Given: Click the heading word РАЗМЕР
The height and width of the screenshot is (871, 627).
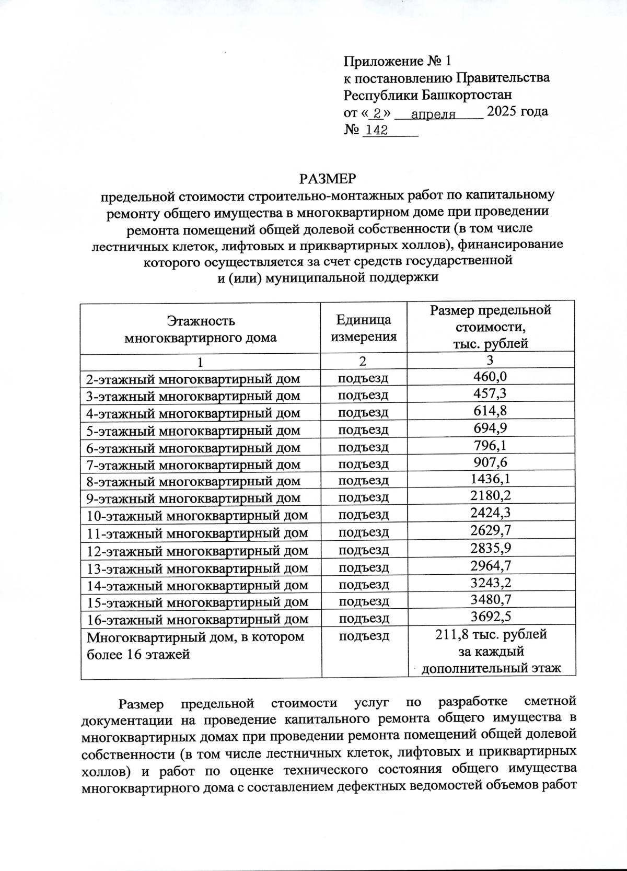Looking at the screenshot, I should (x=328, y=179).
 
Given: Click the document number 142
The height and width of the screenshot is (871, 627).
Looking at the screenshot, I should (x=376, y=131).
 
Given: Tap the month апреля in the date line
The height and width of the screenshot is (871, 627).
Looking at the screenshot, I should (x=433, y=114).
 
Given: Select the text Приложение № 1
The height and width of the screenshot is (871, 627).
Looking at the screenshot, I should (x=397, y=62).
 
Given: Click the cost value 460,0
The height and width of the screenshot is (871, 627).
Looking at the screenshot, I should (x=490, y=377).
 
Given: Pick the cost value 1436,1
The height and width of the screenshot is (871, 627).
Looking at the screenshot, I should (x=490, y=479).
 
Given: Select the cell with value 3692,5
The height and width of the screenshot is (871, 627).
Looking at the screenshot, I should (x=490, y=617).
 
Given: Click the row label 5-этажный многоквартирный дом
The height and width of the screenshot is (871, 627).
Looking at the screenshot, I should (x=193, y=431).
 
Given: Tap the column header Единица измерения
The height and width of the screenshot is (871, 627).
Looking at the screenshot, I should (x=364, y=328).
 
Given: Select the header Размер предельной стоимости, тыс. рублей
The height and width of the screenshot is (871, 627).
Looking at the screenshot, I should (x=490, y=327).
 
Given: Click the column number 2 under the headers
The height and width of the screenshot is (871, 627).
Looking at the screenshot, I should (x=363, y=361).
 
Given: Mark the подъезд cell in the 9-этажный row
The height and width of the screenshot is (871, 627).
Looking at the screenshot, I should (x=364, y=497).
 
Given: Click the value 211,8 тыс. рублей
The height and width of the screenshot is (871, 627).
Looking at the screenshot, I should (x=491, y=635).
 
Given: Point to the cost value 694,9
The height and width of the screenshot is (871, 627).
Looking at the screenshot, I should (x=490, y=428).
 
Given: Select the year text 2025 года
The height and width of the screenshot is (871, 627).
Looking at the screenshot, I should (x=517, y=111).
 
